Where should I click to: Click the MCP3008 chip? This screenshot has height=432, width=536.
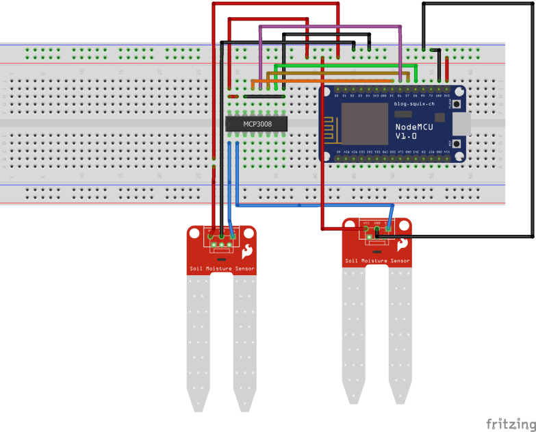[255, 124]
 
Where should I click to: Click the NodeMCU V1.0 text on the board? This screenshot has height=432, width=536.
[416, 131]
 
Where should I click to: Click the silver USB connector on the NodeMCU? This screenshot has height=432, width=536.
[463, 124]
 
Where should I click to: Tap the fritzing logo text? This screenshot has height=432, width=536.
[510, 424]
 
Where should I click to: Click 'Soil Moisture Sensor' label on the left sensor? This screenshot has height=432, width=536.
[222, 269]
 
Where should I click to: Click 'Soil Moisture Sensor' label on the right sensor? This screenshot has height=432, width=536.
[377, 261]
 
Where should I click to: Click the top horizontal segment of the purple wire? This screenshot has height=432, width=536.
[329, 27]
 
